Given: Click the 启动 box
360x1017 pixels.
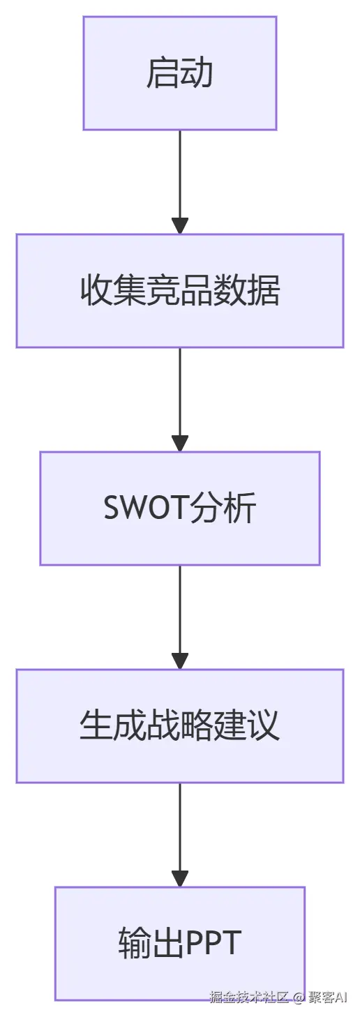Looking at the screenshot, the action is point(180,73).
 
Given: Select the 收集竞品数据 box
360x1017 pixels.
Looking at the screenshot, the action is point(180,291).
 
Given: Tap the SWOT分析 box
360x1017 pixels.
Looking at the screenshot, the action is point(180,508).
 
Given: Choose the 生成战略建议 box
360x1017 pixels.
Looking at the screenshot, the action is point(180,725).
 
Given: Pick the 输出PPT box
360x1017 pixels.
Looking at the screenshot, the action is point(180,943).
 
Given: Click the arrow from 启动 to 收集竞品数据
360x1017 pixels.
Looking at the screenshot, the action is point(180,182).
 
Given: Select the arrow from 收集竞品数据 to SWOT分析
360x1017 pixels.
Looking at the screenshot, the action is point(180,400).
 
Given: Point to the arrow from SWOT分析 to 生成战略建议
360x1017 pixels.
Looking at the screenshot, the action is point(180,617).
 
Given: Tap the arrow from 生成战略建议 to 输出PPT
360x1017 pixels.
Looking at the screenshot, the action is point(180,834).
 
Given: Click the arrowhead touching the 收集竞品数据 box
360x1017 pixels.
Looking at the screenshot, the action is point(180,225).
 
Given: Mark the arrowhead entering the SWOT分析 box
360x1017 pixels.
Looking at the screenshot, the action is point(180,443).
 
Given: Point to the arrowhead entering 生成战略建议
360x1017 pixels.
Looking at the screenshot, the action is point(180,661).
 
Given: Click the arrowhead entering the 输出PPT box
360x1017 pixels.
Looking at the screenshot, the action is point(180,878).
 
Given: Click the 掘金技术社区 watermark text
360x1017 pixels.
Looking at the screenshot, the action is point(249,1006).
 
